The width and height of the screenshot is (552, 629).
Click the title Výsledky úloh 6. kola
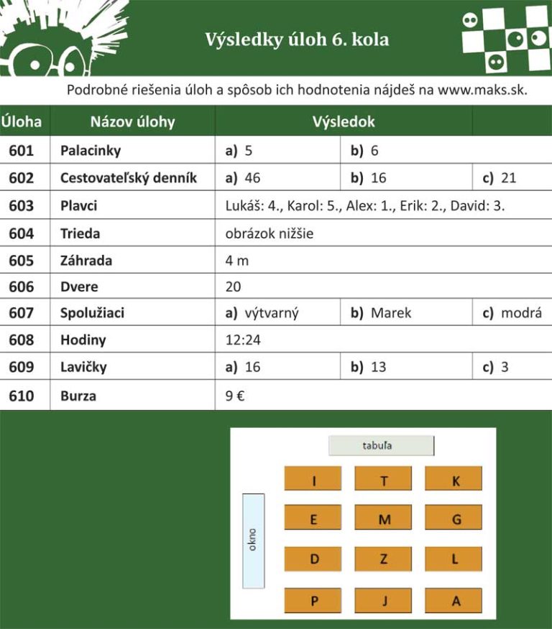tap(297, 39)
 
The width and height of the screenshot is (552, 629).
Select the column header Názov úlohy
tap(132, 121)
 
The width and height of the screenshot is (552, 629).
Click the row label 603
tap(22, 206)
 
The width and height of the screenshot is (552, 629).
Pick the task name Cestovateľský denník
tap(129, 178)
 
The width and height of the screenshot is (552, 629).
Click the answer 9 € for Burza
tap(235, 395)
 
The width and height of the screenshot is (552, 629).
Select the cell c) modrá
tap(512, 313)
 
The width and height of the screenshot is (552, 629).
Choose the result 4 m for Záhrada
tap(236, 261)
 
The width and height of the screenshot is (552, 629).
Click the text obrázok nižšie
tap(270, 233)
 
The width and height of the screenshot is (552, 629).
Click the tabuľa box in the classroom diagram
tap(381, 446)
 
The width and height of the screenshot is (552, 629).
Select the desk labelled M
tap(383, 519)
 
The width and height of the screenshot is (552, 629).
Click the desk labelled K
tap(454, 479)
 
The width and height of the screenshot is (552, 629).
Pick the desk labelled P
tap(313, 601)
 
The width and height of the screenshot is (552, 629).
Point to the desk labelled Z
tap(383, 559)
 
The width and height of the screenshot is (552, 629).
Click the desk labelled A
tap(454, 601)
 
